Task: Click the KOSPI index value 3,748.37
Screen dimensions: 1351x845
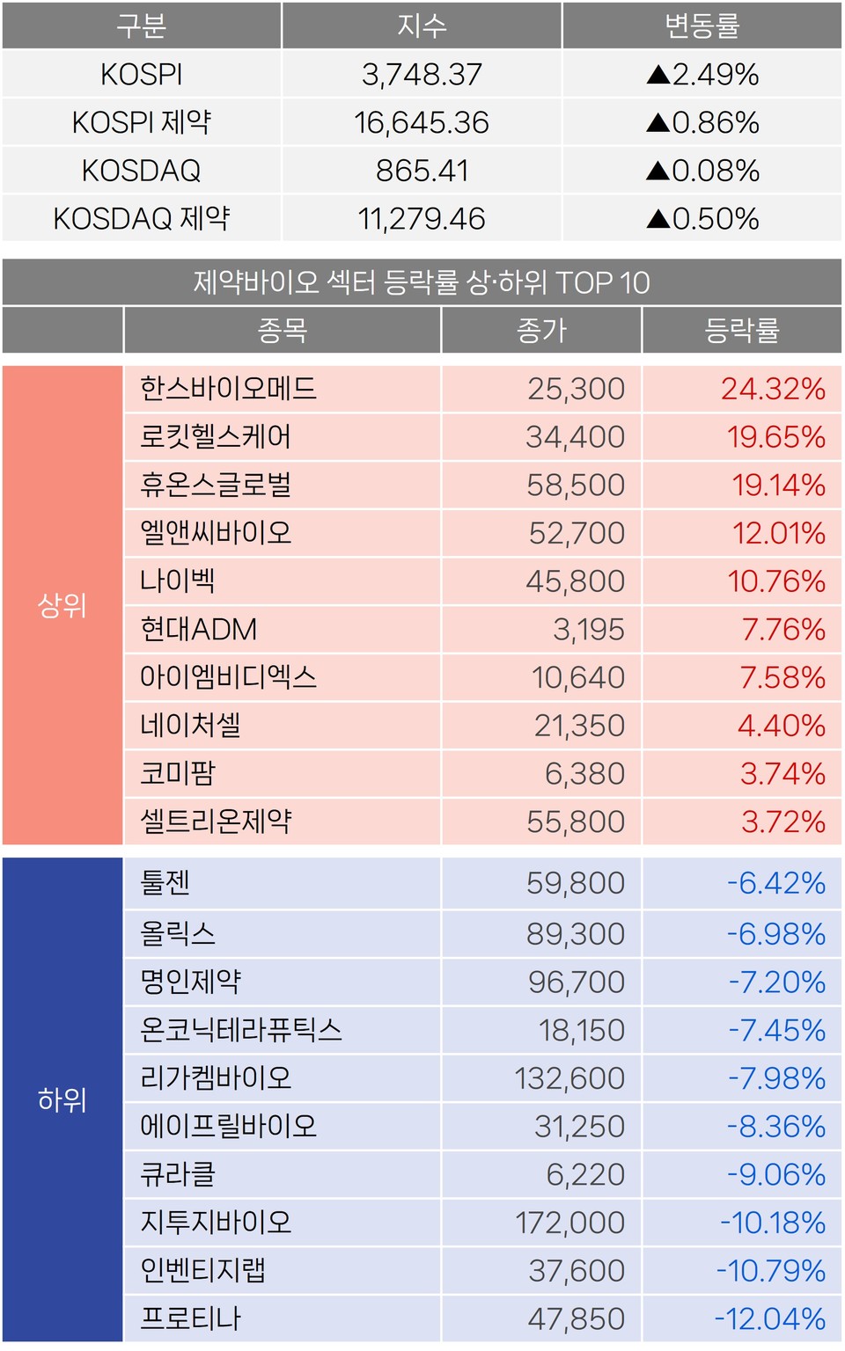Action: (422, 75)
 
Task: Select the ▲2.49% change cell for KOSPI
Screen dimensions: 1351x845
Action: (702, 75)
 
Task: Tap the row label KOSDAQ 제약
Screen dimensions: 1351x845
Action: (142, 218)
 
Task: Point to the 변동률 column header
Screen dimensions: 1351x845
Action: (702, 26)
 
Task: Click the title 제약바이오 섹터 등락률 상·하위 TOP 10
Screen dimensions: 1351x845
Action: (422, 282)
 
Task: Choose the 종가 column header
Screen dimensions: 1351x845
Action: (541, 331)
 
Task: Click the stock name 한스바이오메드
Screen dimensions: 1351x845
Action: (228, 389)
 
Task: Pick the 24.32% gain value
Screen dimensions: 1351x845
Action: (773, 389)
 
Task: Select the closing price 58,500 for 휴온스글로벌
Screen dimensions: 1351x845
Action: (576, 485)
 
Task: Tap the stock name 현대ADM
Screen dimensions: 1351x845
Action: (199, 630)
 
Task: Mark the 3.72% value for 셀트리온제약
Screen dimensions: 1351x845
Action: (783, 822)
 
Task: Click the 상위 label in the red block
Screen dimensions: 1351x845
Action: (62, 605)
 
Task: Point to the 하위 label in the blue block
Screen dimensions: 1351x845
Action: (62, 1099)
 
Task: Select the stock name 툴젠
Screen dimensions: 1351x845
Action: (165, 882)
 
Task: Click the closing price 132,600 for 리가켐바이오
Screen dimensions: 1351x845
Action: (569, 1078)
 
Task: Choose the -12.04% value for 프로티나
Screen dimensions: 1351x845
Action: (769, 1318)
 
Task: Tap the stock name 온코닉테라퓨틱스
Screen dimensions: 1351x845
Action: (241, 1030)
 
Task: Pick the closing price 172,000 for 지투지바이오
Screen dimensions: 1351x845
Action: (569, 1223)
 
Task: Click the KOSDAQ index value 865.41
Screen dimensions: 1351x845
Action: (422, 171)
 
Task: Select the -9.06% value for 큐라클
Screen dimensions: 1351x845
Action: (775, 1174)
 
